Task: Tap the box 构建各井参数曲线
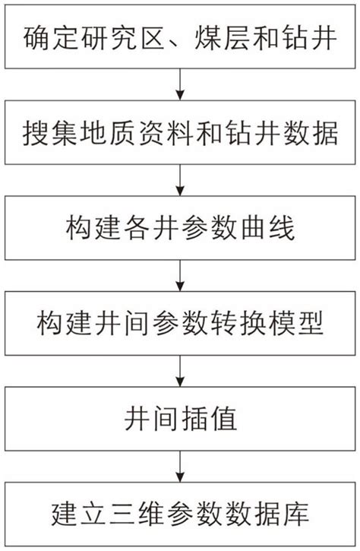pyautogui.click(x=180, y=227)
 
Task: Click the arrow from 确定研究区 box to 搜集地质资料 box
pyautogui.click(x=180, y=84)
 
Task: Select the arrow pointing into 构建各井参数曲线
pyautogui.click(x=180, y=179)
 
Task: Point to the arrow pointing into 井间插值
pyautogui.click(x=180, y=371)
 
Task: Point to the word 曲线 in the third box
pyautogui.click(x=282, y=227)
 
